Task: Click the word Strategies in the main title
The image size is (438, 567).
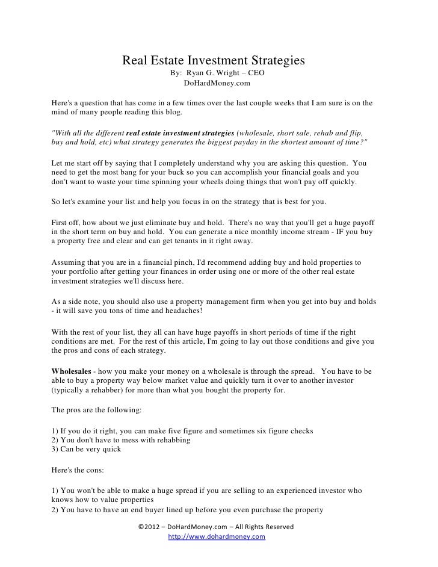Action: (274, 61)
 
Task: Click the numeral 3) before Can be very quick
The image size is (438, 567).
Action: (57, 448)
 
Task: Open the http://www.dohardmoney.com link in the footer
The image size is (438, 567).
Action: (217, 537)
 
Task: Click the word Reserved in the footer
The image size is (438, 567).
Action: (276, 527)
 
